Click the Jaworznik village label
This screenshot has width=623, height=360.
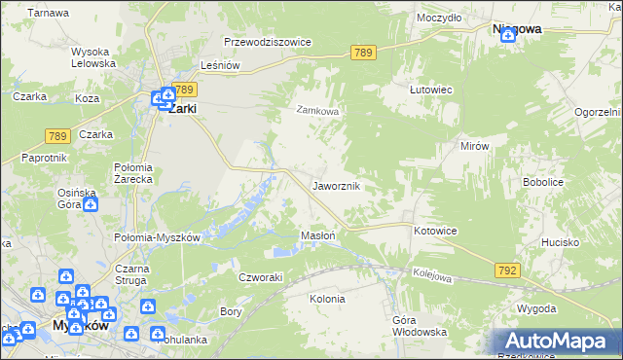(x=337, y=185)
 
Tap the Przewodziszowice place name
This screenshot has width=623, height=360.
(x=267, y=43)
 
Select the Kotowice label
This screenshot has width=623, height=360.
(x=435, y=231)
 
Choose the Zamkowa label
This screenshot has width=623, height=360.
(x=317, y=111)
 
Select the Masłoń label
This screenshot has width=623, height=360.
(x=318, y=235)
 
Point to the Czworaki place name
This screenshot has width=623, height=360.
(x=261, y=277)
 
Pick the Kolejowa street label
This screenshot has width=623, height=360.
(x=432, y=277)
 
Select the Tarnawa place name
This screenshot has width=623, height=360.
(x=49, y=14)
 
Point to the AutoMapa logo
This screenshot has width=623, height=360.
(x=557, y=342)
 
